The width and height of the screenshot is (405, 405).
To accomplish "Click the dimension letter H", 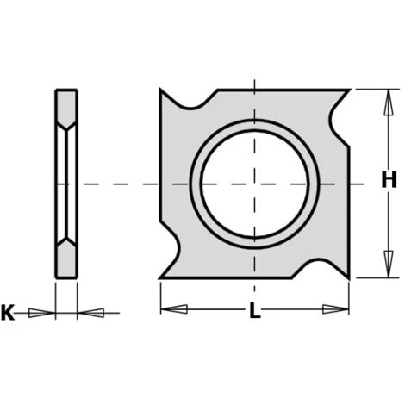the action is (389, 179).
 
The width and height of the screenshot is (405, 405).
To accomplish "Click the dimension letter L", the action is (254, 310).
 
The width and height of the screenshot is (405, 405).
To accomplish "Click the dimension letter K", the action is (8, 313).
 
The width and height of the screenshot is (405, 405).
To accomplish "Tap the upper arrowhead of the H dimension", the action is (389, 103).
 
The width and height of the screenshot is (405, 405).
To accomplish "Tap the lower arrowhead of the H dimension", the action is (389, 264).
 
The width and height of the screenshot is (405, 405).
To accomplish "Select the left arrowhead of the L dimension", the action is (174, 309).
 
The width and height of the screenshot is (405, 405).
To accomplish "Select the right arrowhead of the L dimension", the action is (335, 309).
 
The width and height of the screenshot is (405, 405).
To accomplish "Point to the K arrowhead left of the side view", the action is (42, 313).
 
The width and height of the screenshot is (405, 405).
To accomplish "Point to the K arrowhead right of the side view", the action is (90, 313).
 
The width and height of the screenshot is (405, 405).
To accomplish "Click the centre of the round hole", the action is (254, 184).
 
